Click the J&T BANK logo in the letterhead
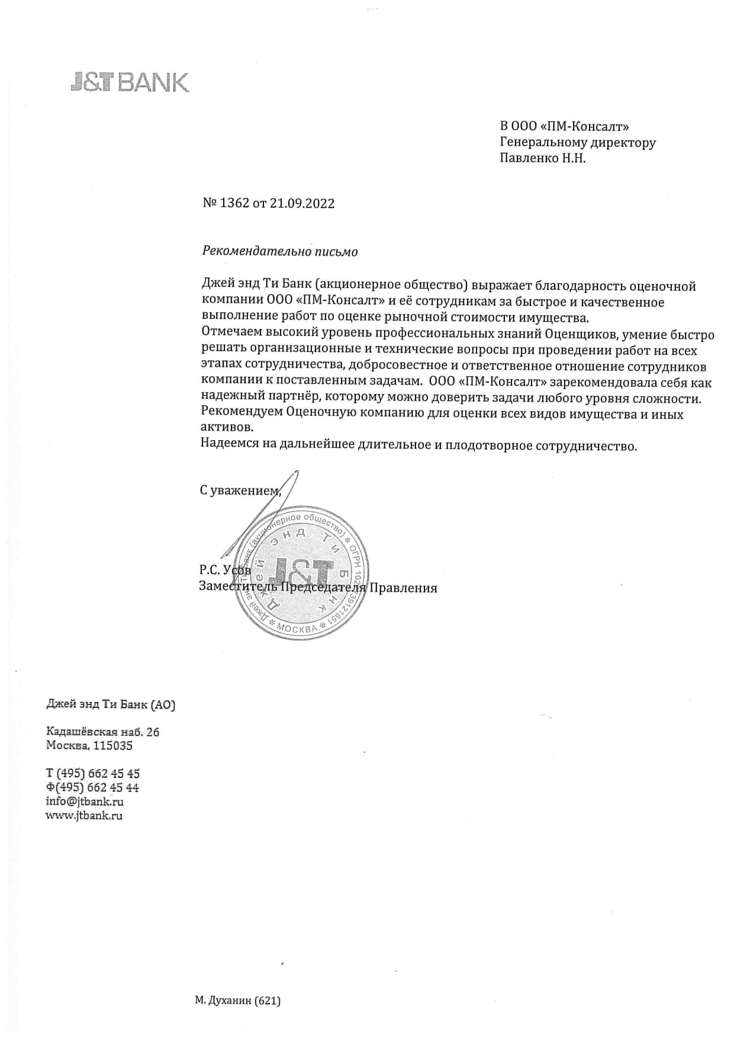pyautogui.click(x=130, y=82)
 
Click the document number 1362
pyautogui.click(x=235, y=203)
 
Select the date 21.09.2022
pyautogui.click(x=302, y=203)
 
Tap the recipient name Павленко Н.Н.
pyautogui.click(x=543, y=158)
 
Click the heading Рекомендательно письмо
pyautogui.click(x=280, y=251)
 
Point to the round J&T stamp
pyautogui.click(x=301, y=572)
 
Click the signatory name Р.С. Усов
pyautogui.click(x=225, y=570)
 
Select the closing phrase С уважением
pyautogui.click(x=239, y=490)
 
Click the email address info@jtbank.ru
pyautogui.click(x=85, y=802)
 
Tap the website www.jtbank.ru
pyautogui.click(x=84, y=815)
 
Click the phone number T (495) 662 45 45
pyautogui.click(x=93, y=773)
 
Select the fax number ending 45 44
pyautogui.click(x=93, y=787)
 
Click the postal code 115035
pyautogui.click(x=113, y=745)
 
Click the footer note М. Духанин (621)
pyautogui.click(x=237, y=1001)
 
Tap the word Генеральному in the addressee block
pyautogui.click(x=543, y=143)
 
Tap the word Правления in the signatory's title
pyautogui.click(x=404, y=588)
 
